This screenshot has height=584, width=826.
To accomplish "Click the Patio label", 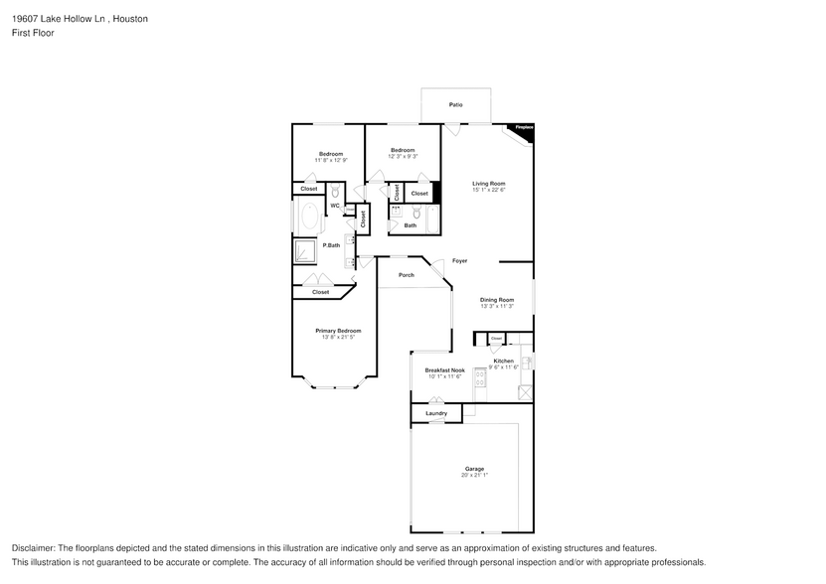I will point(455,104).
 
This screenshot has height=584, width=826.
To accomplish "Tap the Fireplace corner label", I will point(524,128).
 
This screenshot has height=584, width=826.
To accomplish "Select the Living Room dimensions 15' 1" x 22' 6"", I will point(489,191).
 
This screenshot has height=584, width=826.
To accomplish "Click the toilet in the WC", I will point(335,192).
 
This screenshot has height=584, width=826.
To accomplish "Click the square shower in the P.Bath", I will point(305,252).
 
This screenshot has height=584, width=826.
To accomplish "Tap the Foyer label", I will point(459,261).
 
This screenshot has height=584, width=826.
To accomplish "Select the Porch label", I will point(406,275).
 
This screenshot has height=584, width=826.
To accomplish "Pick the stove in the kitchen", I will point(480,378).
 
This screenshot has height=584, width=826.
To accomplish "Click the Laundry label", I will point(435,413).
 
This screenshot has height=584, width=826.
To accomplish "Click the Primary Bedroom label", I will point(338,331).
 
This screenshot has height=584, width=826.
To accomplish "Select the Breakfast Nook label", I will point(445,369).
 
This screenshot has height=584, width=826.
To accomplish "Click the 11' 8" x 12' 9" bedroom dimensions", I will point(330,160).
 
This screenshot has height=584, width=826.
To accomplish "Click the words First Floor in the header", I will point(34,33).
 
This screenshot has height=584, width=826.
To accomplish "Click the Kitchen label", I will point(504,361).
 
